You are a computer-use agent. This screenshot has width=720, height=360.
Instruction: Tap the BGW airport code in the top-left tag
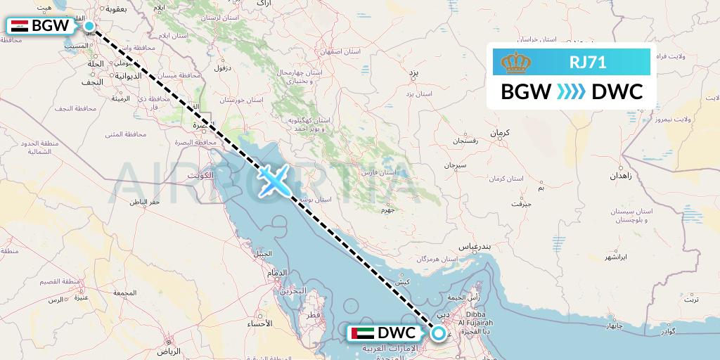pos(51,27)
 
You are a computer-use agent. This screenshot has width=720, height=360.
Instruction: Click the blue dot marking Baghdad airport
pos(89,26)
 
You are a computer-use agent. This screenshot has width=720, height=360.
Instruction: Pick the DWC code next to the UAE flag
pos(397,332)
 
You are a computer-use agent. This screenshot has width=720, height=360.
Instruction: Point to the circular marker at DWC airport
pos(438,333)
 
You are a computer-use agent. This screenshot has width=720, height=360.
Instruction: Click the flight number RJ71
pos(587,63)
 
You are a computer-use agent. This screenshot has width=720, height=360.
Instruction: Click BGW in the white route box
pos(525,92)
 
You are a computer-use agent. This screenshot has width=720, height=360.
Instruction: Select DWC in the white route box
pos(617,92)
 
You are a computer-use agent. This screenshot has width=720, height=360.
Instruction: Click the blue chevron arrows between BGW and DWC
pos(571,92)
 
